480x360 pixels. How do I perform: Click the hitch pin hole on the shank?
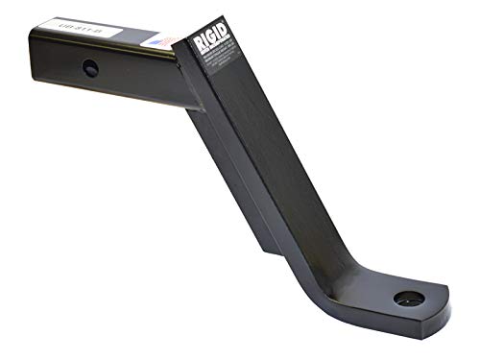coord(89,69)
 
